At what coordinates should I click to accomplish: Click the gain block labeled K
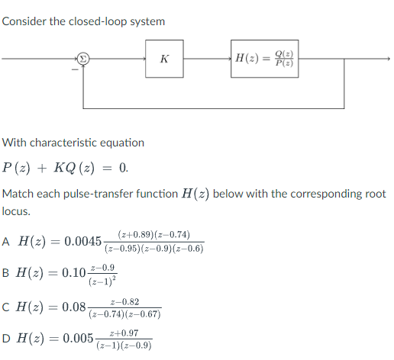click(x=164, y=59)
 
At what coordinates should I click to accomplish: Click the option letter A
click(x=7, y=242)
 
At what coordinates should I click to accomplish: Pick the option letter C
click(x=7, y=307)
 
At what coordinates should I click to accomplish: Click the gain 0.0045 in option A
click(x=82, y=242)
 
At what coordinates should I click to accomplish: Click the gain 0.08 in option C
click(x=75, y=307)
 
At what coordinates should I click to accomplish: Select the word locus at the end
click(x=16, y=211)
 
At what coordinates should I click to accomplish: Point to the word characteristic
click(x=75, y=143)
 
